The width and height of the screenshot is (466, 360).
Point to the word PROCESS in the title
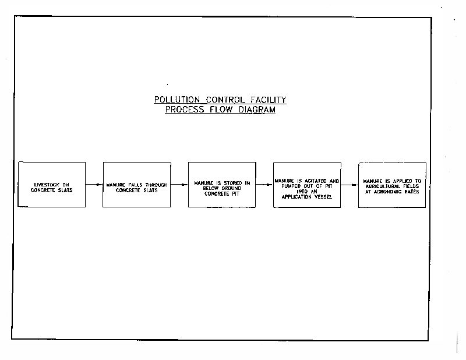(x=182, y=110)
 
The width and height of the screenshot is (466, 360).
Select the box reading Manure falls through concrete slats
(x=136, y=184)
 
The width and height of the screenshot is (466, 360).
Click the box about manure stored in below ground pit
(x=221, y=184)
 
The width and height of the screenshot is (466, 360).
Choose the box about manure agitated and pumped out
(x=306, y=184)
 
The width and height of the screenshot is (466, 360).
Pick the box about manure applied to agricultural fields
(x=391, y=184)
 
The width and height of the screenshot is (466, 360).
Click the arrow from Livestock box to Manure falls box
(x=94, y=185)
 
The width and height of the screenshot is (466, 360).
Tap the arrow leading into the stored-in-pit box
(x=179, y=185)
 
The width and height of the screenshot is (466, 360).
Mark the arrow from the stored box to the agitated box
(x=264, y=185)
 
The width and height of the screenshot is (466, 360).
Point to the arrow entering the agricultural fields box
(x=349, y=185)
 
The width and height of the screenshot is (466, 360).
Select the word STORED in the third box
(x=229, y=182)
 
